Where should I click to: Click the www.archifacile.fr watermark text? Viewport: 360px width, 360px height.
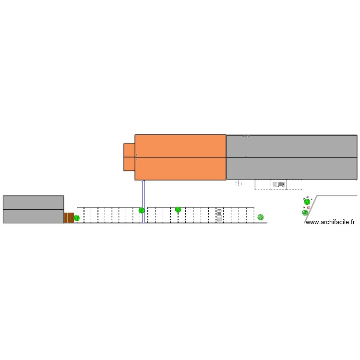coord(330,222)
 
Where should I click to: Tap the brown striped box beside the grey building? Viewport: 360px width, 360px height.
coord(69,218)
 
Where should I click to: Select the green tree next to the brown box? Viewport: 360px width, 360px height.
coord(77,218)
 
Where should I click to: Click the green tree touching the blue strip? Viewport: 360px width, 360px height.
coord(142,210)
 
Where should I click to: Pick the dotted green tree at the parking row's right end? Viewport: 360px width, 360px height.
coord(261,217)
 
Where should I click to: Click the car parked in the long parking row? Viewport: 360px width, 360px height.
coord(219,215)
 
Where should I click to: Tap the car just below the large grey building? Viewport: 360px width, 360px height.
coord(278,184)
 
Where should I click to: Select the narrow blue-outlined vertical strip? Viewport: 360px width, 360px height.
coord(143,202)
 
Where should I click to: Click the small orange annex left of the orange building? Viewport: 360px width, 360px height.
coord(129,157)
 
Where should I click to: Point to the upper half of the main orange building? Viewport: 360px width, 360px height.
coord(180,146)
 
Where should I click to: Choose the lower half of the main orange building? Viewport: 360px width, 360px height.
coord(180,168)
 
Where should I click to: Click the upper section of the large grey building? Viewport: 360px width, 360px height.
coord(291,146)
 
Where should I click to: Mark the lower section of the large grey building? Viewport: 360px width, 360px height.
coord(291,168)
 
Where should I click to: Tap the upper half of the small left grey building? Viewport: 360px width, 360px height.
coord(33,203)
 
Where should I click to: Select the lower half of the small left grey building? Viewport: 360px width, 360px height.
coord(33,216)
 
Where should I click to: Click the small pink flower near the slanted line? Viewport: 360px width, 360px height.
coord(309,207)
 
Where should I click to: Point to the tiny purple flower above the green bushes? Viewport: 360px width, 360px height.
coord(307,197)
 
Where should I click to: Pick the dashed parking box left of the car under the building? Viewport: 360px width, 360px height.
coord(263,185)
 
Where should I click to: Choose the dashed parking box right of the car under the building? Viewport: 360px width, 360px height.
coord(294,185)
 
